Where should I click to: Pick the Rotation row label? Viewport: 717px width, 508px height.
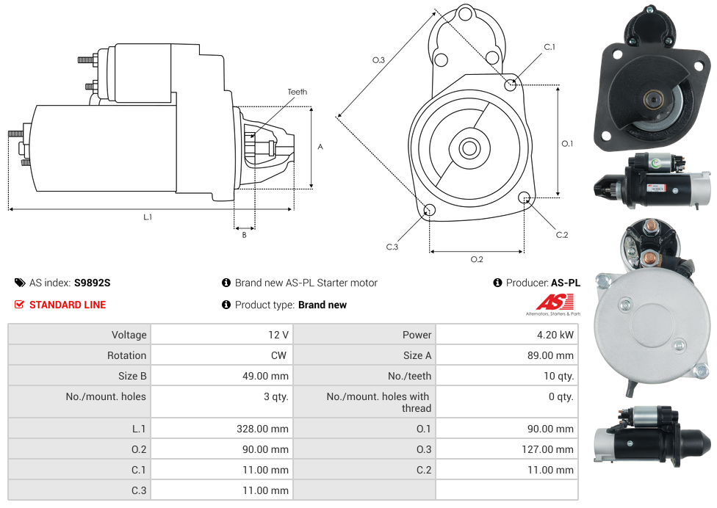[x=126, y=355]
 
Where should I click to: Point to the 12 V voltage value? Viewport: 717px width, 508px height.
[x=278, y=335]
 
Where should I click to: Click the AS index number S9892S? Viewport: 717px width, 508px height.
[x=93, y=283]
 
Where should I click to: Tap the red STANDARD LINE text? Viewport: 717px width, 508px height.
[x=68, y=305]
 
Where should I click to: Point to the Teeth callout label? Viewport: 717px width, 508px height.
[x=298, y=92]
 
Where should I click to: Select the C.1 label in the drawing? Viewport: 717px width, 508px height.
[x=550, y=47]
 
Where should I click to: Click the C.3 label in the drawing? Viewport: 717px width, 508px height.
[x=392, y=247]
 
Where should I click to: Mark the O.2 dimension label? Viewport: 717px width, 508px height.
[x=477, y=259]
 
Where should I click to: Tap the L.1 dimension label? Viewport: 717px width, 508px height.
[x=148, y=217]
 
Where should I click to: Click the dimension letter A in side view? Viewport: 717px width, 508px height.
[x=320, y=147]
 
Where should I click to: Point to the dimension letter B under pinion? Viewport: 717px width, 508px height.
[x=245, y=235]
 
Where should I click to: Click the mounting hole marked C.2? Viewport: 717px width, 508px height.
[x=525, y=197]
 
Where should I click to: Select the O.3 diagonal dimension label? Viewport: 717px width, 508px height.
[x=379, y=60]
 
